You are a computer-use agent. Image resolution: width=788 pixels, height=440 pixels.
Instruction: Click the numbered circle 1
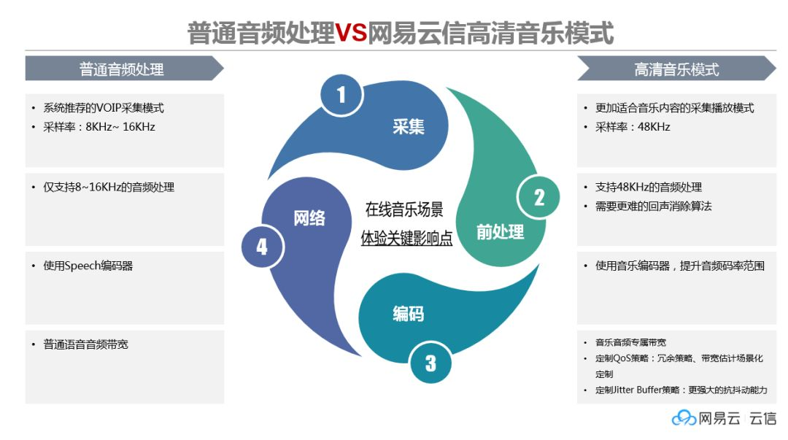[x=341, y=94]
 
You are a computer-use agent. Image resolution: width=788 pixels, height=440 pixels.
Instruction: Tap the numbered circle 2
[x=538, y=197]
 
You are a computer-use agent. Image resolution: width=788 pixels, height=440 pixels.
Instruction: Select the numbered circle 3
[x=430, y=362]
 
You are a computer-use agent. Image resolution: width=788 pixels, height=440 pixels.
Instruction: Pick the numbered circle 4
[x=262, y=247]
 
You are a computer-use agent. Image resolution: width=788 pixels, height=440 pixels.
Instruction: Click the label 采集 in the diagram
[x=409, y=126]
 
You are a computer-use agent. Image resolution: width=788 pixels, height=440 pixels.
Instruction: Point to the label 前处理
[x=500, y=232]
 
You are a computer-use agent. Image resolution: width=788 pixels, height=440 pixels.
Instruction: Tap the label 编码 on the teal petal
[x=409, y=314]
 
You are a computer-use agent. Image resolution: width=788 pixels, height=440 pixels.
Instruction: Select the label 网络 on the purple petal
[x=309, y=217]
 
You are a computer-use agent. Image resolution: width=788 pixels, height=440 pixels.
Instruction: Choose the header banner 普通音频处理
[x=122, y=69]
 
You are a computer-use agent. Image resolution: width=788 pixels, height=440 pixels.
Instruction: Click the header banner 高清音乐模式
[x=676, y=69]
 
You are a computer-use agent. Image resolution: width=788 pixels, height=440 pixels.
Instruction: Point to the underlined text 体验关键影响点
[x=406, y=238]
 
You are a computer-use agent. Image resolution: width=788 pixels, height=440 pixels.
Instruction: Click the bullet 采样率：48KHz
[x=633, y=127]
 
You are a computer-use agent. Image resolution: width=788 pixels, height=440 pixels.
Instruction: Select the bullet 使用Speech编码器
[x=88, y=266]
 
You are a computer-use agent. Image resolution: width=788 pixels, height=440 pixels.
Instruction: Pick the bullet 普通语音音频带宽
[x=85, y=344]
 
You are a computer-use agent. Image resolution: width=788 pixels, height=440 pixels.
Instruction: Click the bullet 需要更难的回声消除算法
[x=653, y=206]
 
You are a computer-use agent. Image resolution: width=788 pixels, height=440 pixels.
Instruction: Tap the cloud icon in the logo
[x=684, y=418]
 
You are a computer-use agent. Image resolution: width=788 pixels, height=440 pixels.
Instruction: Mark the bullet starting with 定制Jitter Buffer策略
[x=681, y=390]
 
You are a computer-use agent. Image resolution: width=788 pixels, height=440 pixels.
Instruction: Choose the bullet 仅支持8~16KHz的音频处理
[x=108, y=187]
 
